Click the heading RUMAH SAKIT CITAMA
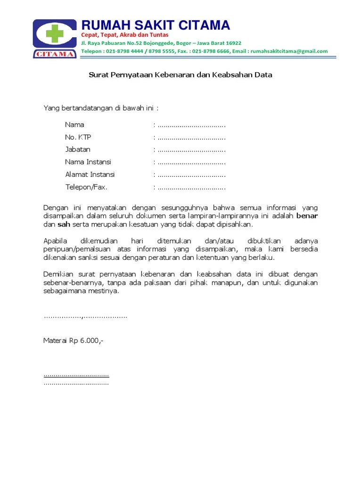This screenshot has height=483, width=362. (156, 25)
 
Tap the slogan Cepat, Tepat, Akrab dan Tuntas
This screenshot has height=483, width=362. (124, 35)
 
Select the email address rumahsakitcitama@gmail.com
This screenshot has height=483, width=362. (289, 51)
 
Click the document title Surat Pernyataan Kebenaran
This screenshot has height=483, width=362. (181, 75)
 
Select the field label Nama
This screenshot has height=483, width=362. (74, 125)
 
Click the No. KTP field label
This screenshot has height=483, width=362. (78, 137)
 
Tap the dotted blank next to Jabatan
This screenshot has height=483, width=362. (191, 150)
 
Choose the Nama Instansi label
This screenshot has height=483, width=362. (88, 162)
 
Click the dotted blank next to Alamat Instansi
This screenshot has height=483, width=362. (191, 175)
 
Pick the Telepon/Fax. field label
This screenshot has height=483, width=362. (86, 187)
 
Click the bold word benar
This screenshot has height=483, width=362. (307, 216)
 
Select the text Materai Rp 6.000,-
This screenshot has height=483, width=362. (73, 341)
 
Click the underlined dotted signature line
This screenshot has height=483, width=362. (76, 375)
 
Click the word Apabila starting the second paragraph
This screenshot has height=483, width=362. (55, 241)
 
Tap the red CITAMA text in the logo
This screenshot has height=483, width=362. (54, 54)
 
